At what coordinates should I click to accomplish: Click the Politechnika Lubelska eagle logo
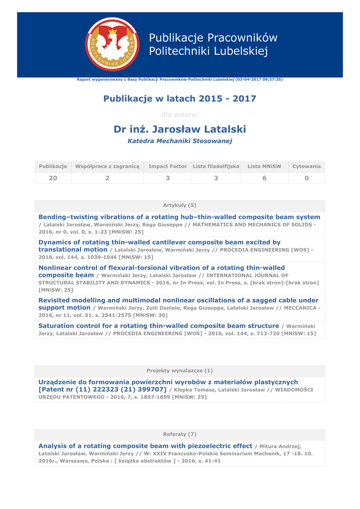point(112,44)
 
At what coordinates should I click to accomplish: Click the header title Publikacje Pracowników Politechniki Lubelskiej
point(213,44)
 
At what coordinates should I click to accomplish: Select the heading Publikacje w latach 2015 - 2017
point(180,98)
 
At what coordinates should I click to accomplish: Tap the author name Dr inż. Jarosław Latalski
point(180,129)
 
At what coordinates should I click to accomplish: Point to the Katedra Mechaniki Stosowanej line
point(180,141)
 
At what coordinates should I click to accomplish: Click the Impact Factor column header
point(167,166)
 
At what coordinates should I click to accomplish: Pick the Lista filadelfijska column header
point(216,166)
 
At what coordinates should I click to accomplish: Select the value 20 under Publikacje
point(53,178)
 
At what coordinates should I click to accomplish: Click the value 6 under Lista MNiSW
point(264,178)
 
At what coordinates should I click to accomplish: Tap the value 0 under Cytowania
point(306,178)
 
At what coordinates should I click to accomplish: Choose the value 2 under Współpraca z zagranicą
point(107,178)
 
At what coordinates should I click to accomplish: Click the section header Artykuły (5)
point(180,205)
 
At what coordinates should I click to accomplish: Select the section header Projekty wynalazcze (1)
point(180,370)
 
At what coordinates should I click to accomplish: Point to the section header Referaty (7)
point(180,434)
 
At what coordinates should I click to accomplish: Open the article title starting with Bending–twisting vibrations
point(179,217)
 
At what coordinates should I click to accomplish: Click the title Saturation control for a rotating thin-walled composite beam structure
point(159,326)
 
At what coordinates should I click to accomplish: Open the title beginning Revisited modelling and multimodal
point(178,300)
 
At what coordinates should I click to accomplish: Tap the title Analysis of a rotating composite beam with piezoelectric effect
point(145,446)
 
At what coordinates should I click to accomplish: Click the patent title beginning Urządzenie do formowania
point(168,382)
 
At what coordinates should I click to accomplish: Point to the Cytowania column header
point(306,166)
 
